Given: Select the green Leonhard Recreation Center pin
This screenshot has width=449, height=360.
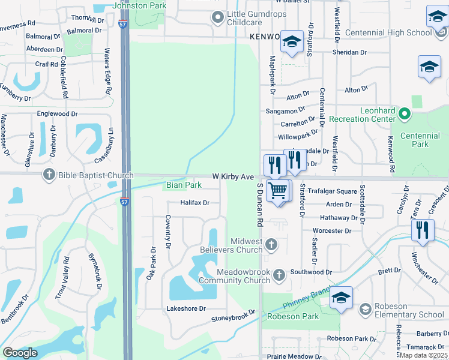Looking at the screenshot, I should tap(405, 113).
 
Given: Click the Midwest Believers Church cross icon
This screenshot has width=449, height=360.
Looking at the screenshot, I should tap(271, 244).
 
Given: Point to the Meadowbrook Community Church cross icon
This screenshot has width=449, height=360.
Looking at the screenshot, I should tap(279, 275).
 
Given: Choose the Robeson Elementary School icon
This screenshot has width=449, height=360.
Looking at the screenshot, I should tap(364, 310).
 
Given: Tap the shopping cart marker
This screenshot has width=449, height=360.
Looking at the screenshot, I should tap(277, 191).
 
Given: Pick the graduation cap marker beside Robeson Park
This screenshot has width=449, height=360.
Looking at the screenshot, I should tap(340, 298).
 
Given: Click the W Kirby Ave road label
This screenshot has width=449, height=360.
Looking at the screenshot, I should tap(234, 177).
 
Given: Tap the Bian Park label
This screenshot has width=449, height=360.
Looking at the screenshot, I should tap(184, 185).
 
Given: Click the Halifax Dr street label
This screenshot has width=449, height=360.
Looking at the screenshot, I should tap(194, 203).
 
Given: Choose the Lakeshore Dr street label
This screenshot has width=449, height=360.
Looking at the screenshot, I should tap(186, 308).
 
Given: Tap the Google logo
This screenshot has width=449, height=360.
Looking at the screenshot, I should tap(20, 353).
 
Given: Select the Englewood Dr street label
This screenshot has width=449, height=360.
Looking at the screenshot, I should tap(58, 113).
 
